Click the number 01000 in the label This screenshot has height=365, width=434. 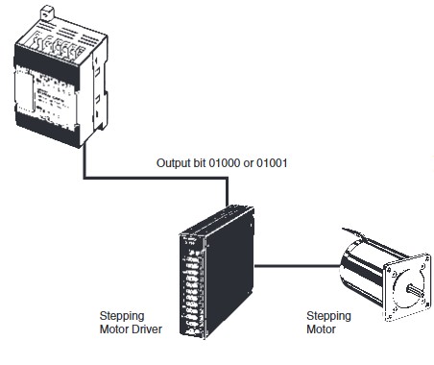pyautogui.click(x=224, y=163)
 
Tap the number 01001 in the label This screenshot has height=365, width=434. pyautogui.click(x=272, y=163)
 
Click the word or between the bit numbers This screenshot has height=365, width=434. pyautogui.click(x=249, y=163)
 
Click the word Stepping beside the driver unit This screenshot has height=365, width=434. pyautogui.click(x=122, y=316)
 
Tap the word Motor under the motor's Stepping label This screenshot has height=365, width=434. pyautogui.click(x=321, y=328)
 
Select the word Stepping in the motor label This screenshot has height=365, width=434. pyautogui.click(x=328, y=316)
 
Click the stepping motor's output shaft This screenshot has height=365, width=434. pyautogui.click(x=415, y=291)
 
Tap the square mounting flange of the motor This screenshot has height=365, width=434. pyautogui.click(x=407, y=287)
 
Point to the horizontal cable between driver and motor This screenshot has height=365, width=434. pyautogui.click(x=297, y=266)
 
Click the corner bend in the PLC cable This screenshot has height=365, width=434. pyautogui.click(x=84, y=178)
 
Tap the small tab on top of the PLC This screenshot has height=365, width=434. pyautogui.click(x=47, y=12)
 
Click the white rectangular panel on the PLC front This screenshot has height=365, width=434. pyautogui.click(x=24, y=90)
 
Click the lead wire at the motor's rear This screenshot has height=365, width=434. pyautogui.click(x=353, y=232)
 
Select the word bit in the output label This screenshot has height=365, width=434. pyautogui.click(x=200, y=163)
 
